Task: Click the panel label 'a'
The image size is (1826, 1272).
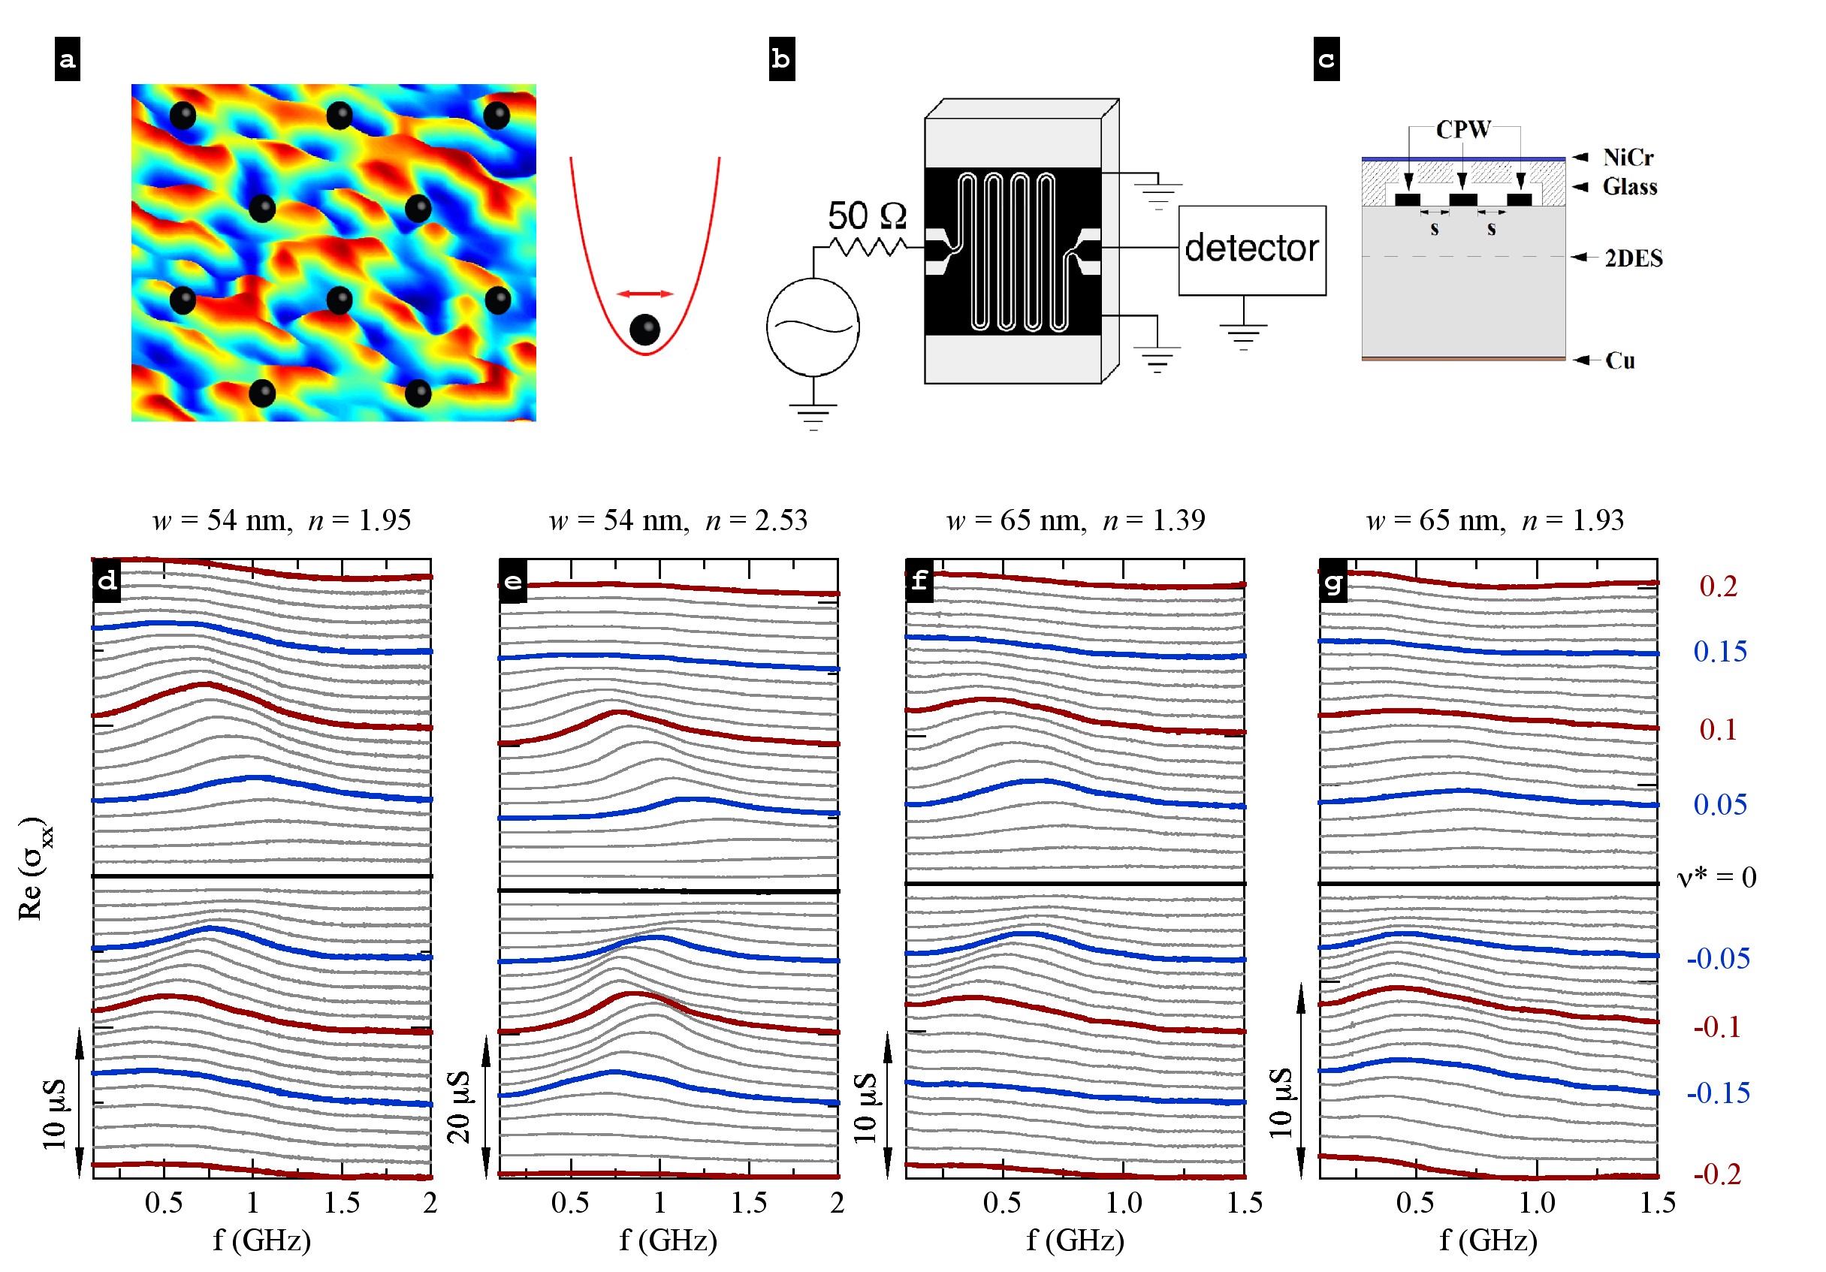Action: (x=68, y=59)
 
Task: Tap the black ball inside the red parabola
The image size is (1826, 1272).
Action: (x=644, y=329)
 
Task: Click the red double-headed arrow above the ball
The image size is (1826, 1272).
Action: (x=645, y=294)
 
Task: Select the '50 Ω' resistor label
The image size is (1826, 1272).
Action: (x=866, y=216)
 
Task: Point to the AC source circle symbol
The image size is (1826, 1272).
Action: (x=812, y=327)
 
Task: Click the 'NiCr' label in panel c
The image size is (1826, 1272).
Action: (x=1627, y=158)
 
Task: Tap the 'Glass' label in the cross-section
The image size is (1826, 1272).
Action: (x=1628, y=187)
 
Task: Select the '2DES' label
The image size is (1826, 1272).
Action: (x=1633, y=258)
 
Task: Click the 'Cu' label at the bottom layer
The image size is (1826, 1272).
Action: (x=1619, y=361)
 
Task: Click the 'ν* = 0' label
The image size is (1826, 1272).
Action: (x=1716, y=878)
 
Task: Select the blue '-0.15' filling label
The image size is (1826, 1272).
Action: (x=1718, y=1093)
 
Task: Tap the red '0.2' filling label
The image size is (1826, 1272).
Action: (x=1718, y=586)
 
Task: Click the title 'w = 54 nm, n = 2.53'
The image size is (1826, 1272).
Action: (x=678, y=520)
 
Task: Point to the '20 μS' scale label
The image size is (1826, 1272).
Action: (x=459, y=1108)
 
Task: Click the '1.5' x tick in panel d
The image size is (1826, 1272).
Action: (x=341, y=1203)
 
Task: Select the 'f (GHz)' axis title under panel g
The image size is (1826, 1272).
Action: (x=1488, y=1240)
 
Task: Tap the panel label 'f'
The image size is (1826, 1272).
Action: (x=919, y=580)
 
